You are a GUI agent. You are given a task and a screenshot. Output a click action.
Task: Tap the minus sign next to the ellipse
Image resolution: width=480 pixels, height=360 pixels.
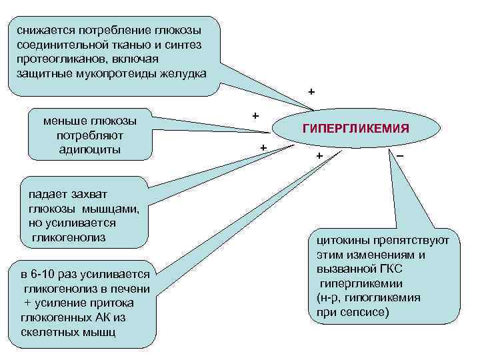(399, 155)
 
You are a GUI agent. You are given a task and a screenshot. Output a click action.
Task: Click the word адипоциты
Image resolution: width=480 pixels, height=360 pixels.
(90, 149)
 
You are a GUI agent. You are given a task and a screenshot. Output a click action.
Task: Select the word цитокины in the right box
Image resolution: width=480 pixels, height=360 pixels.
(342, 241)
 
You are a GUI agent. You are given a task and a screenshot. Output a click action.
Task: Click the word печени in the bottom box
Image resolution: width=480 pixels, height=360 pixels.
(133, 289)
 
